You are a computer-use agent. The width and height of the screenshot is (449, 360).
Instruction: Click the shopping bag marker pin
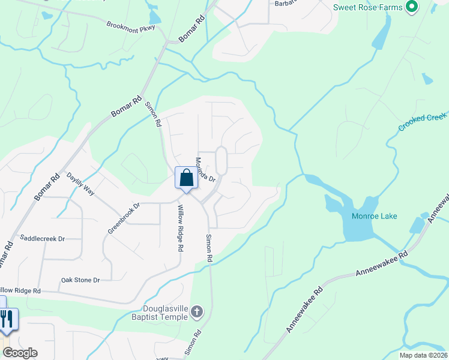pyautogui.click(x=186, y=178)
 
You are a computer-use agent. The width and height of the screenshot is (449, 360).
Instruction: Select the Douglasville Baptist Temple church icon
pyautogui.click(x=198, y=312)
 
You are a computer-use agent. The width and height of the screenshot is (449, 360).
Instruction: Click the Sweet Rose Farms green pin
pyautogui.click(x=411, y=8)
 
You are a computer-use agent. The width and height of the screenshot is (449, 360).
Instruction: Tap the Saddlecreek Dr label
pyautogui.click(x=42, y=238)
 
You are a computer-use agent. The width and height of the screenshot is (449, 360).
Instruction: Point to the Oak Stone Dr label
pyautogui.click(x=80, y=280)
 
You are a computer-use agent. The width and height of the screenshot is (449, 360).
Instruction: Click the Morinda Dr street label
pyautogui.click(x=205, y=169)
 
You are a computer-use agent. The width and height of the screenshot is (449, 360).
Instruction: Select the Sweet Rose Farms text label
pyautogui.click(x=369, y=8)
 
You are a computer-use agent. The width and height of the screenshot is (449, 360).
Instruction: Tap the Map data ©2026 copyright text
pyautogui.click(x=423, y=355)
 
